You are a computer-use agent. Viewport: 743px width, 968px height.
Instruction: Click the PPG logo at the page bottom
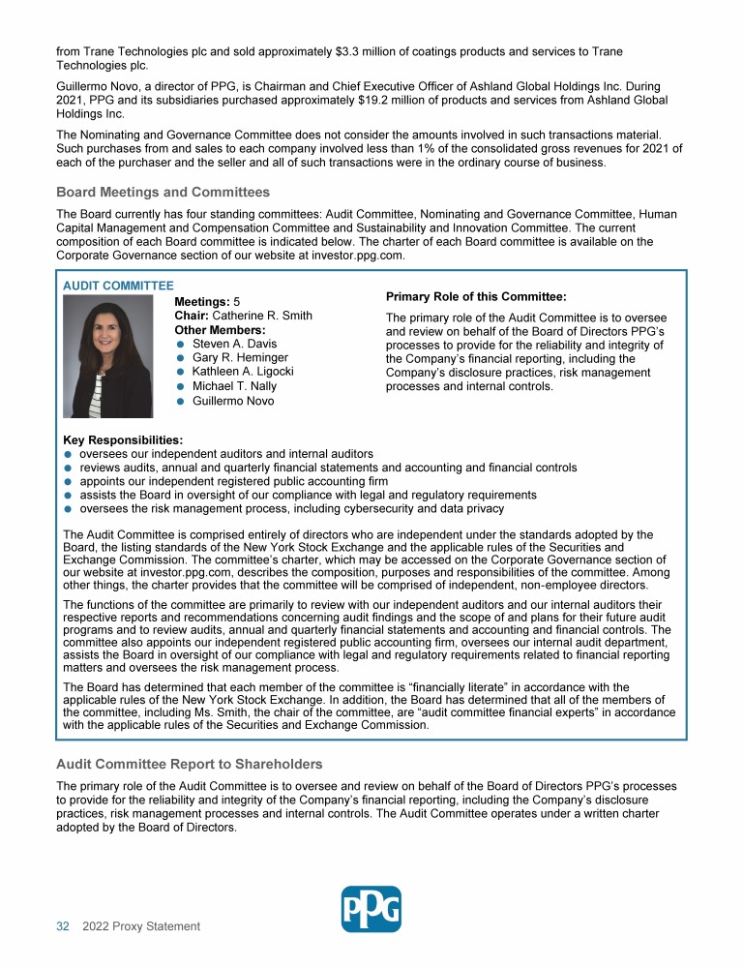pos(371,909)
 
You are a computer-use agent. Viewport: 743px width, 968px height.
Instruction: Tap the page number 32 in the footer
pos(63,926)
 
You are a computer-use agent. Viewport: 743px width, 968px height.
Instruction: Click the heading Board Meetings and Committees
pos(163,193)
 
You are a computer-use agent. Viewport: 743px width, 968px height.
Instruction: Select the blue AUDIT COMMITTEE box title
pos(118,286)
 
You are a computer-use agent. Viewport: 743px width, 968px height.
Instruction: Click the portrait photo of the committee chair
pos(107,356)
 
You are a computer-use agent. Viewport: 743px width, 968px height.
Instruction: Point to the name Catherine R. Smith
pos(262,316)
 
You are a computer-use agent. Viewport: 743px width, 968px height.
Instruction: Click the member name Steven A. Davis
pos(234,344)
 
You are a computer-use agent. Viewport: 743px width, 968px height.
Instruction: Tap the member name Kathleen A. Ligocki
pos(243,372)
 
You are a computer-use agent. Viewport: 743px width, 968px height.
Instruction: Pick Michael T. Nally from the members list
pos(234,386)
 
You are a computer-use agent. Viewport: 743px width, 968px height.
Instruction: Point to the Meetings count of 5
pos(237,302)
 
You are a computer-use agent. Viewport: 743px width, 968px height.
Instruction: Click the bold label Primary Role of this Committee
pos(476,297)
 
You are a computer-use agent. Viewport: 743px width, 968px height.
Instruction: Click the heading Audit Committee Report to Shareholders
pos(189,765)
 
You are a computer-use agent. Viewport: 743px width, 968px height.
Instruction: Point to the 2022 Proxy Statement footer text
pos(141,926)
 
